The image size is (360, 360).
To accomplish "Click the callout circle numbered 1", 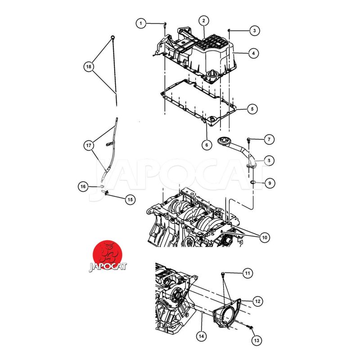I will point(141,22).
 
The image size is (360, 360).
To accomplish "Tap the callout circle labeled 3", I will point(255,31).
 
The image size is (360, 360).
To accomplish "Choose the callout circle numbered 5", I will point(252,108).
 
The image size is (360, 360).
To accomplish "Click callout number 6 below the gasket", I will point(206,145).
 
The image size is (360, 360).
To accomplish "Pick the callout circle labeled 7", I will point(268,139).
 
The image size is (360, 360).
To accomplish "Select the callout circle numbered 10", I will point(264,237).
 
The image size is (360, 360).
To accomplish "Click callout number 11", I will point(247,273).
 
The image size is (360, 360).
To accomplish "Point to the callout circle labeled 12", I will point(257,301).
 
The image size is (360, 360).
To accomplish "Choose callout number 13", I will point(256,341).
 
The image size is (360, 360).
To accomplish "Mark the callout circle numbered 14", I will point(202,335).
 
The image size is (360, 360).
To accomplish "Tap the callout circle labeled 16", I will point(83,186).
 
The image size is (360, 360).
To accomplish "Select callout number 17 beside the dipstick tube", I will point(89,145).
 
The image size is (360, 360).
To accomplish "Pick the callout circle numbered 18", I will point(89,67).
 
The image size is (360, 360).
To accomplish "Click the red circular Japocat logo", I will point(108,253).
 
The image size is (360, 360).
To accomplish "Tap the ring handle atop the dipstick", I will point(113,37).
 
